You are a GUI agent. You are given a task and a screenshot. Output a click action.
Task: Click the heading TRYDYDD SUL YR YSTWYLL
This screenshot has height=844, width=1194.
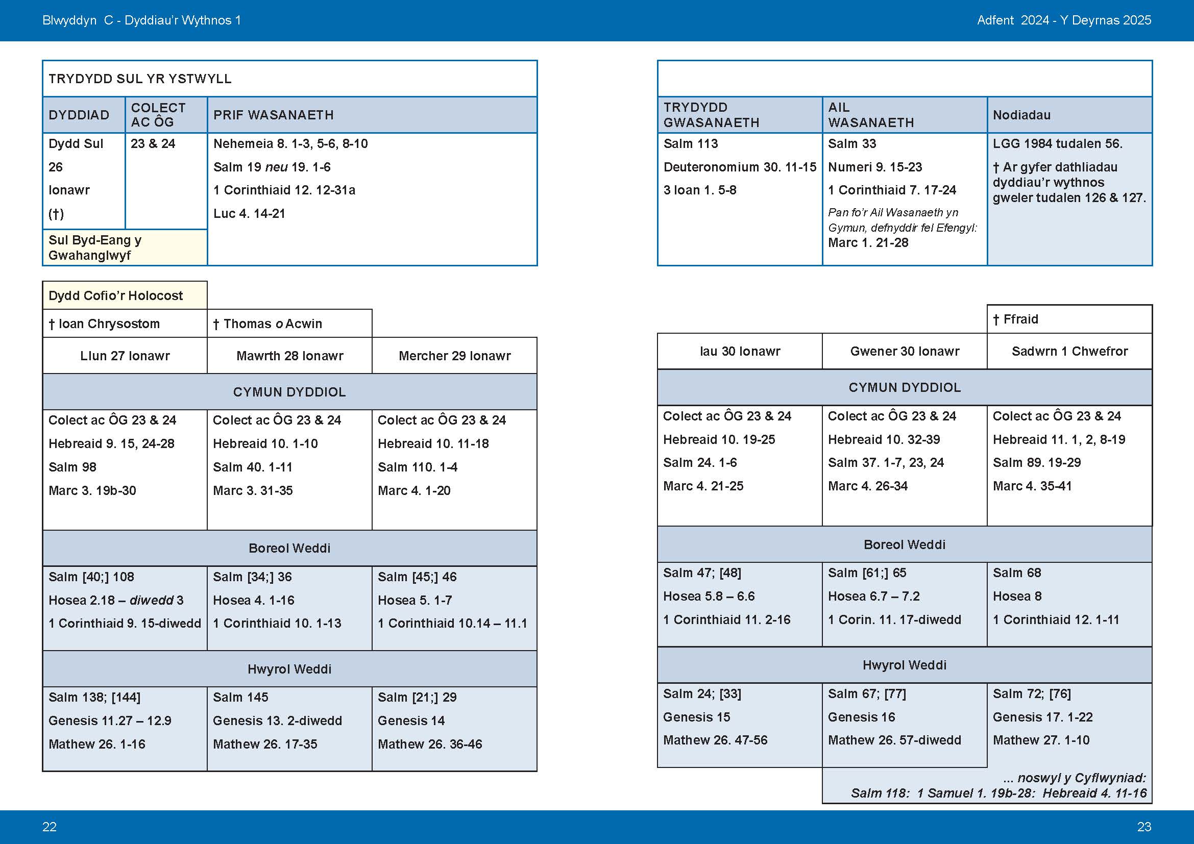(140, 79)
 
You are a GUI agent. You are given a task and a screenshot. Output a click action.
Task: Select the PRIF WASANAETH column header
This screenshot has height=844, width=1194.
(274, 115)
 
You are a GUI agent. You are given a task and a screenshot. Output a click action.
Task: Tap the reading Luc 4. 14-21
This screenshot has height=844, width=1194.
(249, 214)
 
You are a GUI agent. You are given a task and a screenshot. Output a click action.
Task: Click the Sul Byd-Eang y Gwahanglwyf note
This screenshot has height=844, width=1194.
(94, 247)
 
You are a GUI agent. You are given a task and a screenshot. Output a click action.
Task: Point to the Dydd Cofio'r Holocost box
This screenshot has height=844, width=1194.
(115, 296)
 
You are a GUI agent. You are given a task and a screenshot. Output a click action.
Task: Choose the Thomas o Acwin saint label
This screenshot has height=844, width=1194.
(268, 324)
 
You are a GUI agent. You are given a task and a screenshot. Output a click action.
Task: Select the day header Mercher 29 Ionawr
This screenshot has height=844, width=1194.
(454, 356)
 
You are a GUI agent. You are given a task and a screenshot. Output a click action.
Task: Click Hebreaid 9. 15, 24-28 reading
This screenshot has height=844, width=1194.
(111, 444)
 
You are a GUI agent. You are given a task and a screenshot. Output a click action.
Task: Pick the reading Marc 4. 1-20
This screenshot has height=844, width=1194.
(414, 490)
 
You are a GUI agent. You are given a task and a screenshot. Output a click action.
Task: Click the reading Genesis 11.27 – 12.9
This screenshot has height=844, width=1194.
(110, 721)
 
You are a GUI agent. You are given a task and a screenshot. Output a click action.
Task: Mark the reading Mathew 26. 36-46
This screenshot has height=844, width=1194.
(429, 744)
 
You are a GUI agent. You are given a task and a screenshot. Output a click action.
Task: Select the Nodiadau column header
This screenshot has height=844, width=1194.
(1021, 115)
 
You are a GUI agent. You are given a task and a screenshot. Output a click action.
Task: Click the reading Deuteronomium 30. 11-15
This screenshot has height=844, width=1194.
(740, 167)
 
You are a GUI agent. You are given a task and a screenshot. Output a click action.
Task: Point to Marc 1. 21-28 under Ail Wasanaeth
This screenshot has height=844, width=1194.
(868, 243)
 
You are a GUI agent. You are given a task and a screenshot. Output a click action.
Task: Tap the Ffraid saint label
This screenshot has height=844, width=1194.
(1016, 319)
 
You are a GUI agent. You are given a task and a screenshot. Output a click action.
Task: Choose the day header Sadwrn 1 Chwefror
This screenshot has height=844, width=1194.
(1069, 351)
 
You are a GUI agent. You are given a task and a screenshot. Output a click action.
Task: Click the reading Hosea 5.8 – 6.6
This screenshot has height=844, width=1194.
(709, 596)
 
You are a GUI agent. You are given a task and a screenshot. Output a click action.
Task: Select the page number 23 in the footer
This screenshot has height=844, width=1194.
(1144, 827)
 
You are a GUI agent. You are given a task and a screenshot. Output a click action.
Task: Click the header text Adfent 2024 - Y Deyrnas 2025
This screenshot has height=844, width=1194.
(1064, 20)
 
